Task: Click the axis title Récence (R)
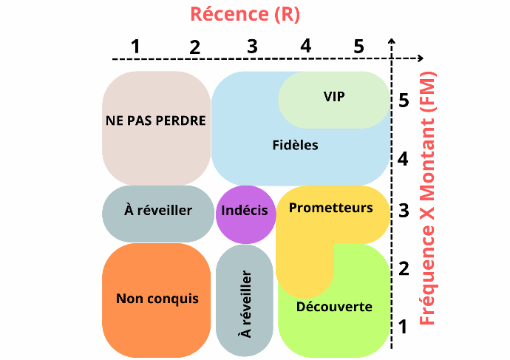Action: [x=245, y=14]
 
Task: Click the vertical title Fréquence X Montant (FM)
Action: [x=427, y=198]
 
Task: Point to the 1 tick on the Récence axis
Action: [x=135, y=46]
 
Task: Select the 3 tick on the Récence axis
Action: [x=252, y=46]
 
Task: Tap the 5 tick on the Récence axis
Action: [x=358, y=46]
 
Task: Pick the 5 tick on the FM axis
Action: [x=404, y=100]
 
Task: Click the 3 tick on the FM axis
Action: [x=404, y=211]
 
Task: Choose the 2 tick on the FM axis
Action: [x=404, y=268]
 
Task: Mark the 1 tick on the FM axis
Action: [x=404, y=325]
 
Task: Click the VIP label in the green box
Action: [x=334, y=96]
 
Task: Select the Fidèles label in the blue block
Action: [x=295, y=145]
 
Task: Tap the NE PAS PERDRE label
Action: [x=155, y=120]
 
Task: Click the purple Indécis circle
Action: [x=245, y=211]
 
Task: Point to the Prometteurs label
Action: [x=330, y=208]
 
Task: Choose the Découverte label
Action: [x=333, y=307]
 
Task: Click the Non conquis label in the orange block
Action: [x=157, y=299]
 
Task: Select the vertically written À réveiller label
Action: [x=246, y=304]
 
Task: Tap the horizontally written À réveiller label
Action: [x=158, y=211]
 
